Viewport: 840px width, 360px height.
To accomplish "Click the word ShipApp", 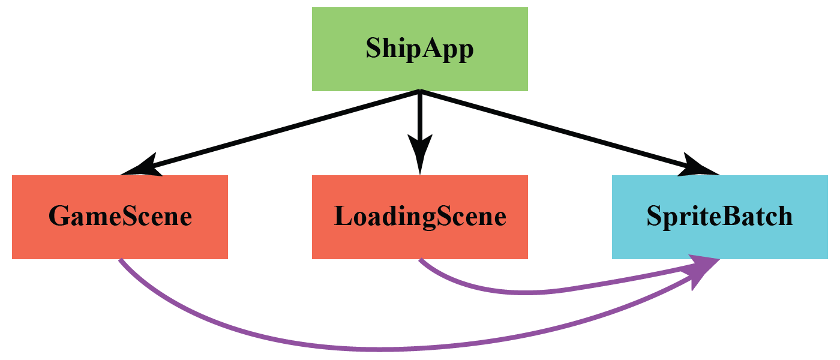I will point(420,49).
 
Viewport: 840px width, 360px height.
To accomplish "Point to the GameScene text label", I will point(120,217).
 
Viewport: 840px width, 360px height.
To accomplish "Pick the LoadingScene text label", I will point(420,217).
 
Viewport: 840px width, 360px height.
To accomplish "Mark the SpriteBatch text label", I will point(720,217).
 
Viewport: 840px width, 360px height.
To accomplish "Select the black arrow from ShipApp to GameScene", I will point(270,133).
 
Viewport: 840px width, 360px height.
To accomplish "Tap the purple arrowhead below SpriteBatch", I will point(702,271).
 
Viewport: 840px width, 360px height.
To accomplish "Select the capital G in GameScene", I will point(58,217).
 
